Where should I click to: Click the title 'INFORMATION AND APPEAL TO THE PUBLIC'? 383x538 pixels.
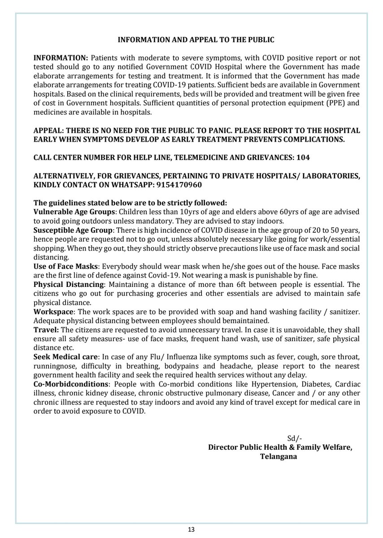click(196, 40)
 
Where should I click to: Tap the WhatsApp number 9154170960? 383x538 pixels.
click(180, 184)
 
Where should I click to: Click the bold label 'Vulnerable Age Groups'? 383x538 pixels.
click(75, 211)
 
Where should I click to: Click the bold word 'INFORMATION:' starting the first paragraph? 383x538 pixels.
click(61, 58)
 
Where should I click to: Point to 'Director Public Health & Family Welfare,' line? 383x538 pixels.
click(280, 447)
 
